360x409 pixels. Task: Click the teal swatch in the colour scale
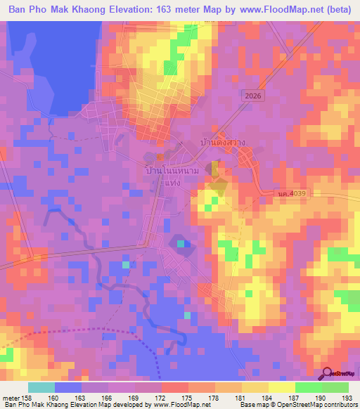[41, 387]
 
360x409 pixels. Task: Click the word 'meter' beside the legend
[11, 398]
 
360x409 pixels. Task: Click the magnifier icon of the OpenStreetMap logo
[327, 373]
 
